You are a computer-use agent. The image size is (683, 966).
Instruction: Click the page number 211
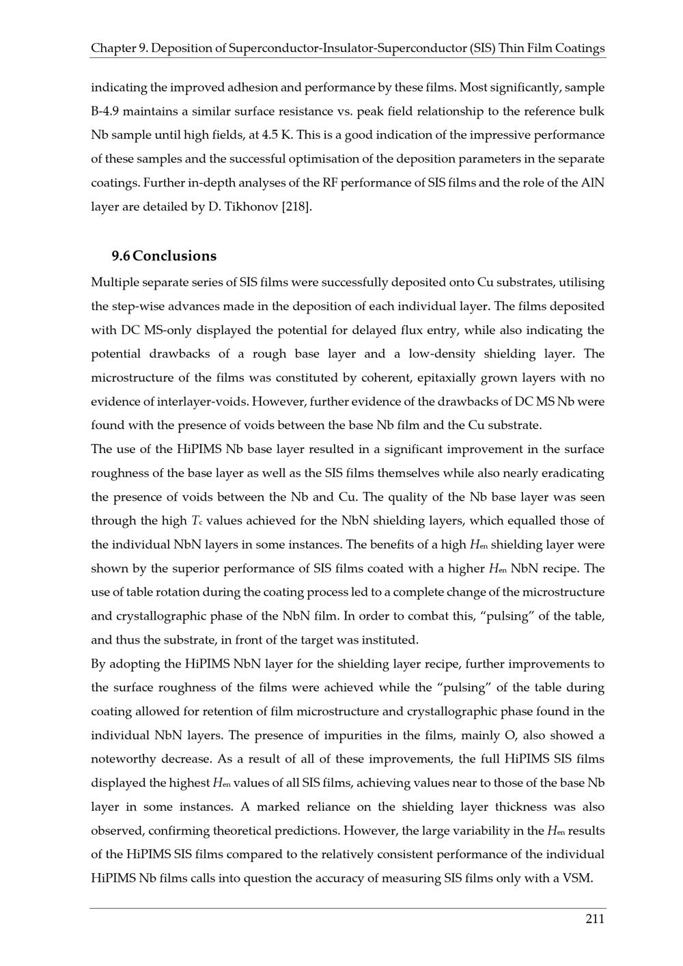[x=594, y=919]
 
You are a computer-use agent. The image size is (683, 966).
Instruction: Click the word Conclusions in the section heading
[x=175, y=256]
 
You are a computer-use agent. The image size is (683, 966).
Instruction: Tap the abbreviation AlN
[x=592, y=182]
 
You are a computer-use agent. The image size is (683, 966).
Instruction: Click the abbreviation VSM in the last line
[x=579, y=879]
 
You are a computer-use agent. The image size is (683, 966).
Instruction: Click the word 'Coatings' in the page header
[x=580, y=49]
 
